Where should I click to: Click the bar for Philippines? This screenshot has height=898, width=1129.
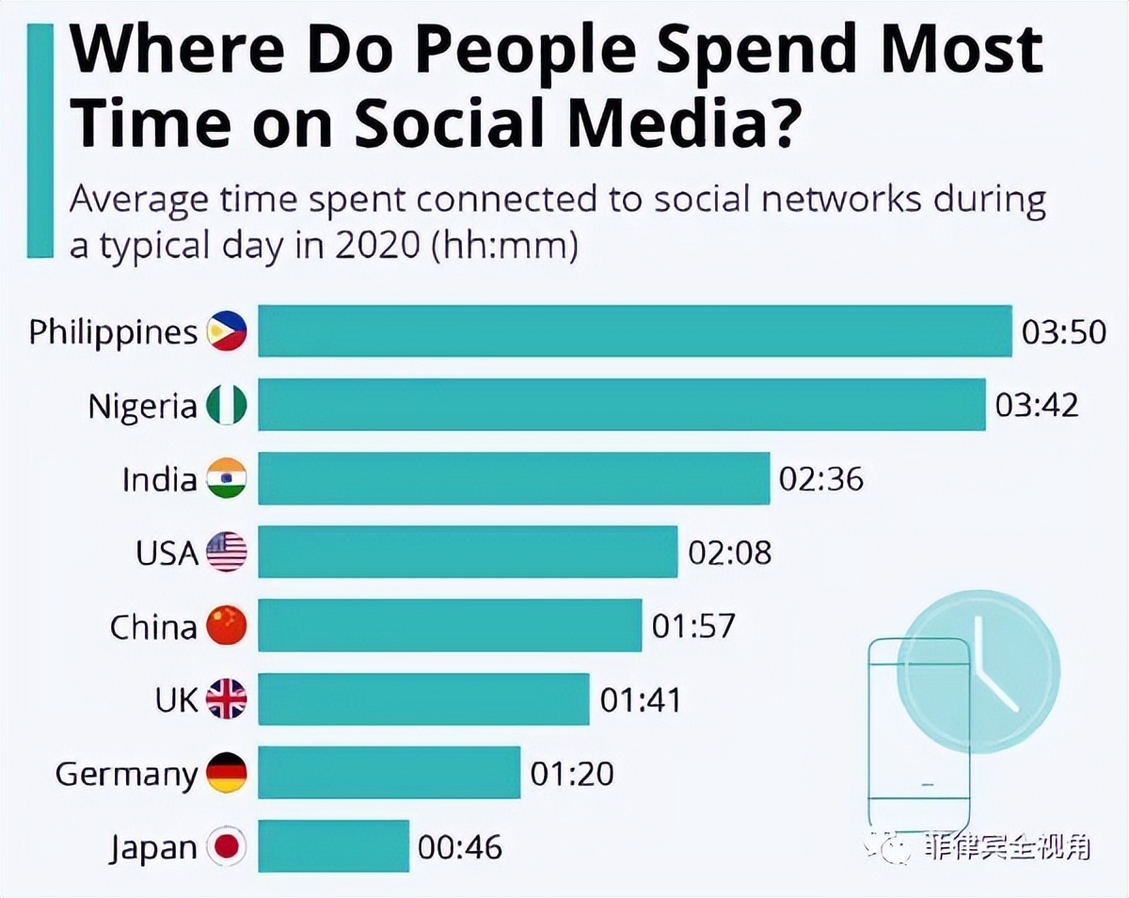pos(635,331)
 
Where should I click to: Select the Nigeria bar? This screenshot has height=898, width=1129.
pos(621,405)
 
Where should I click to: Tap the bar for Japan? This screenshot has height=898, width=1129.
pos(333,845)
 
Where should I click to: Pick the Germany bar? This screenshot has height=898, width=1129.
pos(389,772)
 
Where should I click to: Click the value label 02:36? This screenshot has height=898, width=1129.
pos(820,479)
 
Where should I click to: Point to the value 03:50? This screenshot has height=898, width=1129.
pos(1064,332)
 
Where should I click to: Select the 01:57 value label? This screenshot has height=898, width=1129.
pos(693,626)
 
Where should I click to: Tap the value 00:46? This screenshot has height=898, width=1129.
pos(460,846)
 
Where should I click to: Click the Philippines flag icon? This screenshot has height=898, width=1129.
pos(227,332)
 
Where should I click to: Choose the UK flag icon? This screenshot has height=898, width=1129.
pos(227,699)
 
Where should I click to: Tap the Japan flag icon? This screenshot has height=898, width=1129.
pos(227,846)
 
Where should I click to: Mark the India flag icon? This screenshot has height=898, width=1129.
pos(227,479)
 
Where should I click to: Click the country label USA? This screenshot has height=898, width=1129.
pos(167,553)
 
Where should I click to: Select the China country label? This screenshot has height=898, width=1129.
pos(153,626)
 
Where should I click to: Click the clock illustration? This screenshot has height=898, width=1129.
pos(978,670)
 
